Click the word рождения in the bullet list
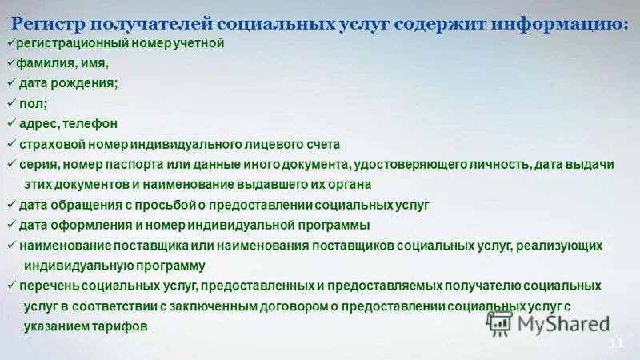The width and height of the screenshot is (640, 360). (84, 83)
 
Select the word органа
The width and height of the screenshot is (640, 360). (350, 185)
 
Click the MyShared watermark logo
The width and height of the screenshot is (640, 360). (548, 322)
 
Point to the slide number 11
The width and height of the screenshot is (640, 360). (615, 343)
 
